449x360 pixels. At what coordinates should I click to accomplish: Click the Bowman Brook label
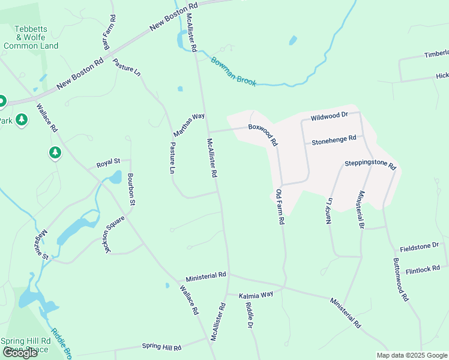coord(233,71)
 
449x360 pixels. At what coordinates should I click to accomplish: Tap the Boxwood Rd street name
coord(264,135)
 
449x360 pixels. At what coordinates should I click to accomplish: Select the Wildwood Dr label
coord(329,115)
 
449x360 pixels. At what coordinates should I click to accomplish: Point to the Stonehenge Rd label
coord(334,139)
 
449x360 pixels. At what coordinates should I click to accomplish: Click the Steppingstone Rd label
coord(370,164)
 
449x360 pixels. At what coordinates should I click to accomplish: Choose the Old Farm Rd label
coord(280,207)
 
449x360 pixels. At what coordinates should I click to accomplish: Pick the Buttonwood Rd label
coord(400,279)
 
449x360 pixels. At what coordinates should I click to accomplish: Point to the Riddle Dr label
coord(249,314)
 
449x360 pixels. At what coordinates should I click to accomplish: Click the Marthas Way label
coord(190,124)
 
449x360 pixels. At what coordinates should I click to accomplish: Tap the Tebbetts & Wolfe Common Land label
coord(31,37)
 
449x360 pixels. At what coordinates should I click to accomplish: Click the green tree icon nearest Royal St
coord(55,153)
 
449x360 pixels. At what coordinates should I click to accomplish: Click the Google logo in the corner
coord(20,353)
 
